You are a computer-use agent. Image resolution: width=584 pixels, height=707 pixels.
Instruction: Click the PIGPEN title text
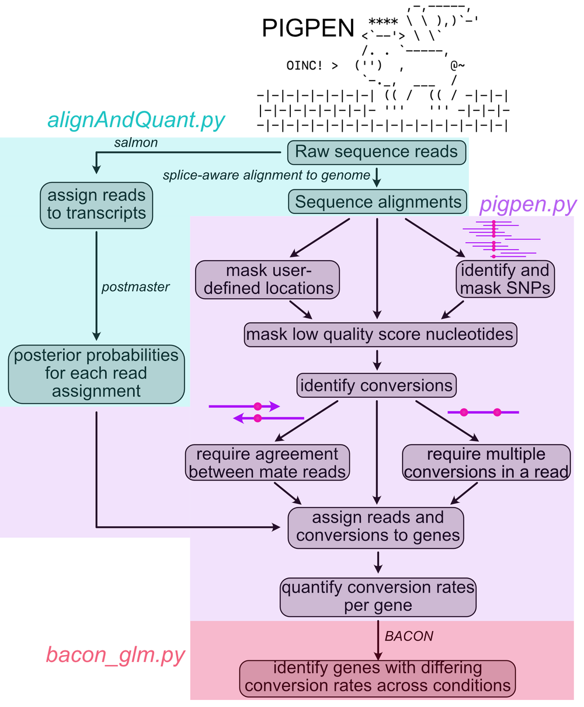pos(308,27)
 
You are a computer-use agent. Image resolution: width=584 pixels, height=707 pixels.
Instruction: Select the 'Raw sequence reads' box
pos(377,152)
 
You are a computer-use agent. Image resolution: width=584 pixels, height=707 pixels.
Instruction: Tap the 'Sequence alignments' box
pos(378,202)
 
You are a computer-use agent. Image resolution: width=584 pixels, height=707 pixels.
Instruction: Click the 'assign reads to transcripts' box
pos(97,204)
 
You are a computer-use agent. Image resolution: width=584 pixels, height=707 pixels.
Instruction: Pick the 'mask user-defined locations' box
pos(269,279)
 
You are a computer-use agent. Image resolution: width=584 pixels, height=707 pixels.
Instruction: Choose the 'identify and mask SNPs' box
pos(505,279)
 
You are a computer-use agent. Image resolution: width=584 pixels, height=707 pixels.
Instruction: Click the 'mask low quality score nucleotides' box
pos(380,334)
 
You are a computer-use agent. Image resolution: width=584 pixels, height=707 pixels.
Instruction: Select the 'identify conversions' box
pos(377,386)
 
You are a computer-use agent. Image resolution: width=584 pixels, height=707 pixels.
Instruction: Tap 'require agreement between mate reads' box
pos(267,463)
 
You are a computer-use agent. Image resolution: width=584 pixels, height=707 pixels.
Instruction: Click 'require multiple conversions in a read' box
pos(486,463)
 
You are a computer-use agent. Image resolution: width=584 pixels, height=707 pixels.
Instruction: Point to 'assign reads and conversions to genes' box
pos(377,527)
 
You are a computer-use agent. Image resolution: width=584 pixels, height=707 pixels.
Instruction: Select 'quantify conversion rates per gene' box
pos(378,596)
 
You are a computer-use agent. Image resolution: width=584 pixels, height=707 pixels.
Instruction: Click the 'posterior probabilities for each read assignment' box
pos(96,373)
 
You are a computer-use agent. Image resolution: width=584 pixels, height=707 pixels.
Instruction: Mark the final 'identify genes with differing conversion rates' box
pos(377,677)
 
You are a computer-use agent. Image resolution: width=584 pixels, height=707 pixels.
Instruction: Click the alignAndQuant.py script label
pos(135,120)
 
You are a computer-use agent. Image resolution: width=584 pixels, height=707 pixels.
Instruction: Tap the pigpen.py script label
pos(527,204)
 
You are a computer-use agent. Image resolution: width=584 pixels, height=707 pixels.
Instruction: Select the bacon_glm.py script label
pos(116,654)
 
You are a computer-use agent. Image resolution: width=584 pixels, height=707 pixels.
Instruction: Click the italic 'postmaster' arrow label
pos(135,287)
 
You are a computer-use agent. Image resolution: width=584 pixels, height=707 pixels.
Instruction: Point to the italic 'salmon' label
pos(135,142)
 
